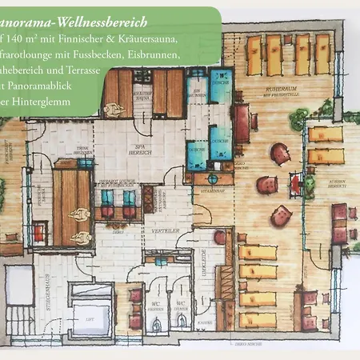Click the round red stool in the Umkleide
point(220,238)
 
